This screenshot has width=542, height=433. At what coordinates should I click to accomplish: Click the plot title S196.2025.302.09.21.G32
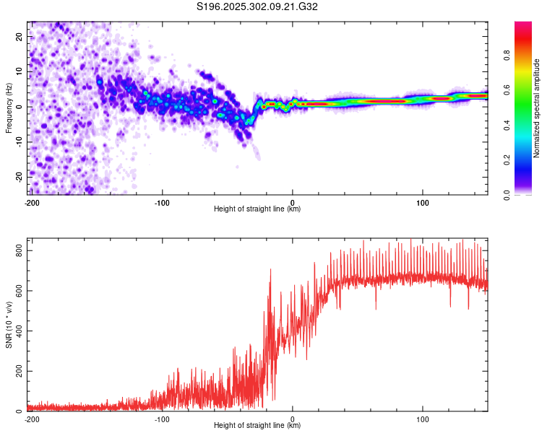(x=258, y=7)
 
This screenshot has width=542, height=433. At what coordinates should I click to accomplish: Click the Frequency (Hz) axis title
(x=9, y=108)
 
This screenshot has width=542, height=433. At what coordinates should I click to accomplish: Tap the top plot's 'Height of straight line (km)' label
(x=257, y=209)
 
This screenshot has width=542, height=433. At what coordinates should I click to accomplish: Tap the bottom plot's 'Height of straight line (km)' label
(x=257, y=425)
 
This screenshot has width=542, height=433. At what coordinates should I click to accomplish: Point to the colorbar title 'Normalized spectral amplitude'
(x=536, y=108)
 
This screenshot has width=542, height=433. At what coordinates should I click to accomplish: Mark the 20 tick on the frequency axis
(x=20, y=36)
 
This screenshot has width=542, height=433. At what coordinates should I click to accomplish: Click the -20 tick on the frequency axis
(x=18, y=176)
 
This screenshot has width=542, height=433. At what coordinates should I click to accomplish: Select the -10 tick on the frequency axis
(x=18, y=141)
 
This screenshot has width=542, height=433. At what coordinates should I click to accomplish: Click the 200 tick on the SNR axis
(x=17, y=371)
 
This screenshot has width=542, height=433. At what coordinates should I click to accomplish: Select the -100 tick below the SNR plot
(x=162, y=419)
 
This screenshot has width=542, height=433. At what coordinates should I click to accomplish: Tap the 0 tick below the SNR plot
(x=293, y=419)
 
